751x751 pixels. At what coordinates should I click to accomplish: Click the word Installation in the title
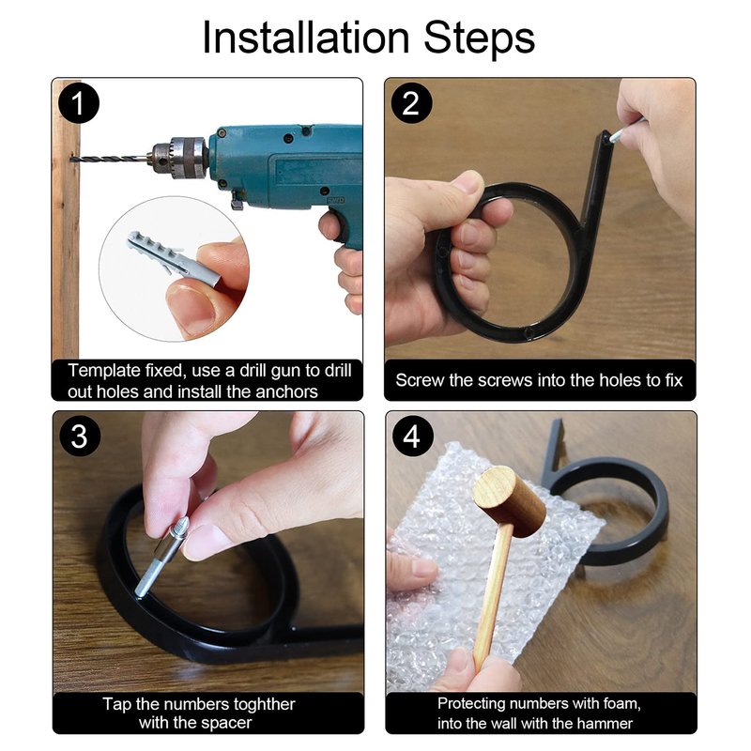[x=306, y=38]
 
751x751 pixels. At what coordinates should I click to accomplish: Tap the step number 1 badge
[x=79, y=103]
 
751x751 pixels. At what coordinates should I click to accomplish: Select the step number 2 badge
[x=411, y=103]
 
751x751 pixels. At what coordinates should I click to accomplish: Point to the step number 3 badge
[x=80, y=437]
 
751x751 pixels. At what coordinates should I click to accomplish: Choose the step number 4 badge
[x=412, y=437]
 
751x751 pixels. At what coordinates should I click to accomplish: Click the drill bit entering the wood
[x=111, y=158]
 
